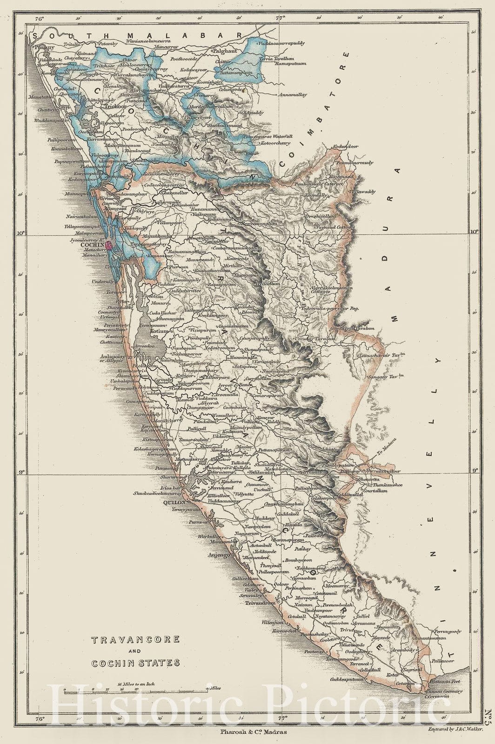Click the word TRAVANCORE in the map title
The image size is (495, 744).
pos(135,639)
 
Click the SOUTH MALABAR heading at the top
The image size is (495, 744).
pos(135,36)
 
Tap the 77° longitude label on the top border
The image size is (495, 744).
pos(281,19)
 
